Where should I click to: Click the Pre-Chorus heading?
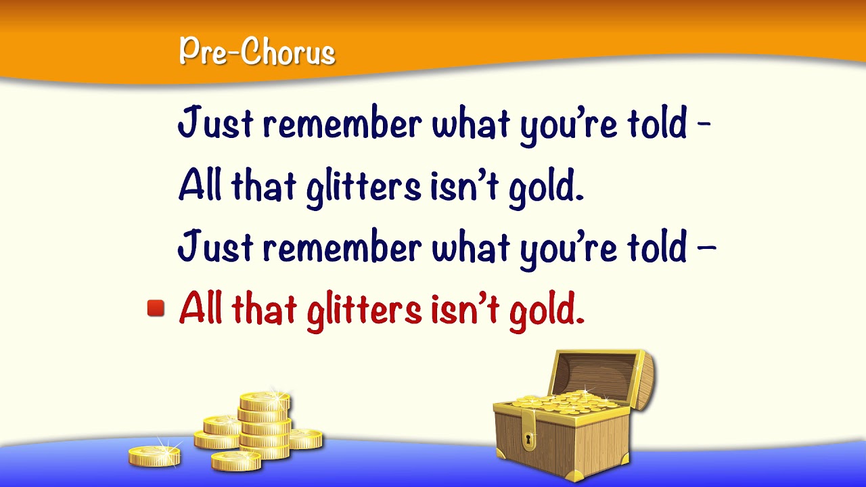point(257,52)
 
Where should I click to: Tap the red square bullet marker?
point(156,309)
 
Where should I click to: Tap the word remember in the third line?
point(342,247)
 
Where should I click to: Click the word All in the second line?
point(200,186)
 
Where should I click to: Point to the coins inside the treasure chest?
point(565,400)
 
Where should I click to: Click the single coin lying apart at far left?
point(155,455)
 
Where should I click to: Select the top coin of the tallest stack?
point(265,400)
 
